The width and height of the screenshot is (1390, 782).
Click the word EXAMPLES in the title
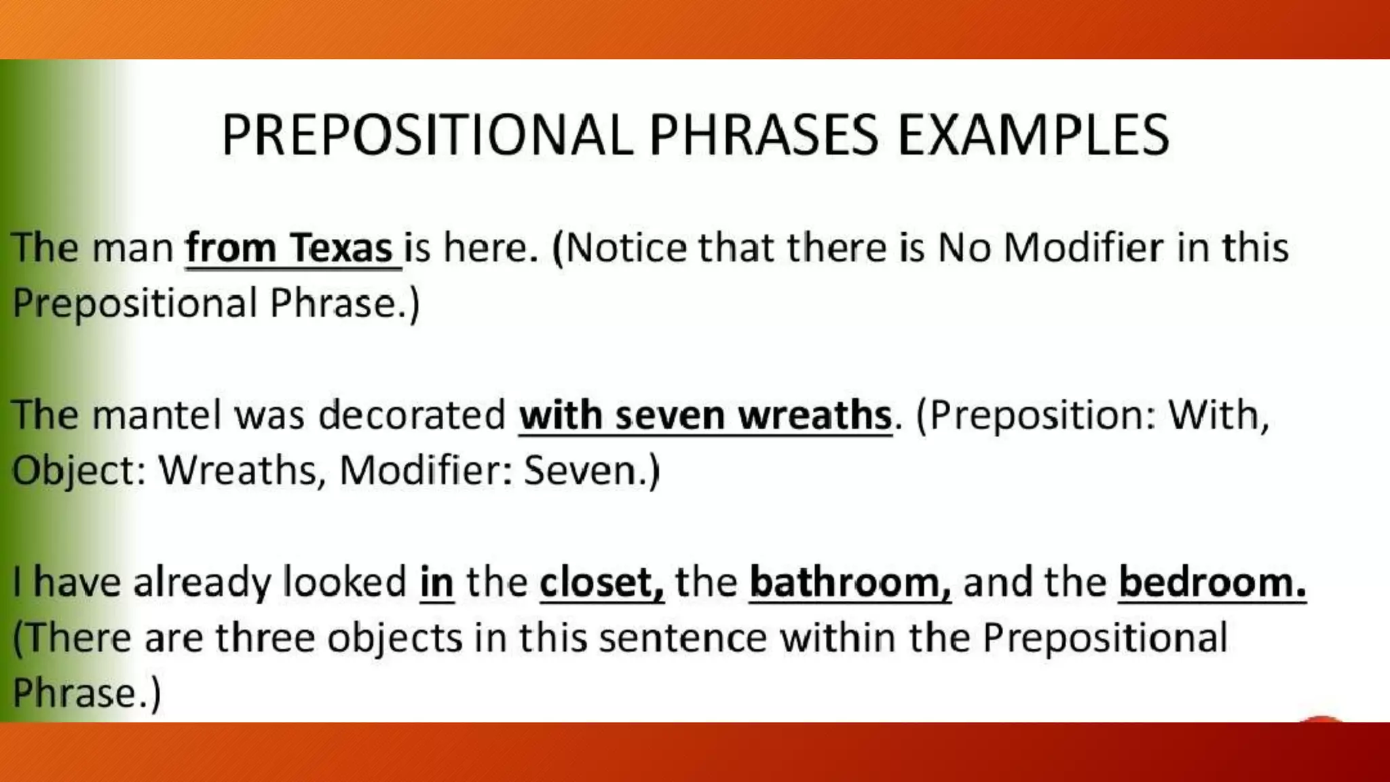[x=1033, y=135]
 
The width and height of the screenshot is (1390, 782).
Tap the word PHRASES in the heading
[x=764, y=135]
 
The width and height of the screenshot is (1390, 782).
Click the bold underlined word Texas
[x=341, y=247]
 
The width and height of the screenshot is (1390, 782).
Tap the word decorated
[x=412, y=414]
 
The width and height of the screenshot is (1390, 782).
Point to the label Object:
[x=79, y=470]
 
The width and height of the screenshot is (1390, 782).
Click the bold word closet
[x=601, y=582]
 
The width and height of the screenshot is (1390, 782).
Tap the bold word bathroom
[x=849, y=582]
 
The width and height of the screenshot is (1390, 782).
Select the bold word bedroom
[x=1211, y=582]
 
